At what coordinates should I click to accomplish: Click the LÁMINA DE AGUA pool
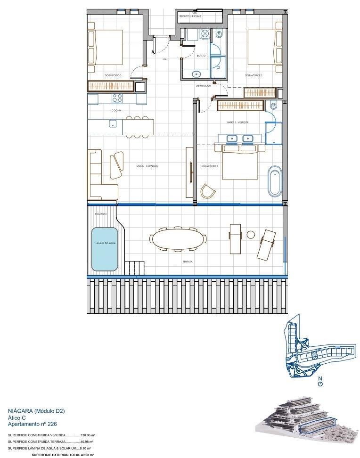105,249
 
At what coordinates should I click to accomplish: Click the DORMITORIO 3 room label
113,75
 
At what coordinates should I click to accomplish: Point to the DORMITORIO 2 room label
254,75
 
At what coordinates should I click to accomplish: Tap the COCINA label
116,110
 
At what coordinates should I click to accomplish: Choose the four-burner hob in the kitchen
116,98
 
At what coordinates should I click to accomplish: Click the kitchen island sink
113,124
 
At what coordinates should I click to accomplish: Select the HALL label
166,59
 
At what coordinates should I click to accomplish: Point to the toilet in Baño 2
219,34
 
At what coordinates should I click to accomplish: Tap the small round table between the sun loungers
251,235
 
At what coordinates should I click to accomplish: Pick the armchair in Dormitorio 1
207,191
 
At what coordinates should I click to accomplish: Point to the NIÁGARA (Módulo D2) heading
36,411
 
